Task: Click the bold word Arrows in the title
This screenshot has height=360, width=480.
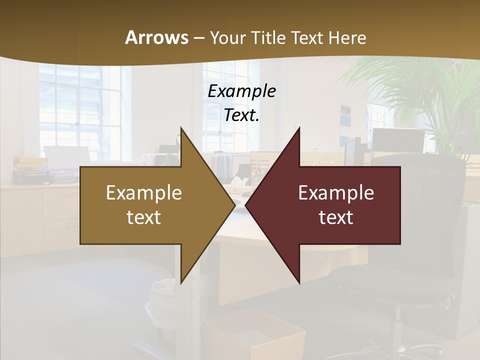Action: tap(157, 38)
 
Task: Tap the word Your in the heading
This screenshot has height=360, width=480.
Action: tap(228, 38)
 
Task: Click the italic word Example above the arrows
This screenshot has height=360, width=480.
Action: tap(241, 91)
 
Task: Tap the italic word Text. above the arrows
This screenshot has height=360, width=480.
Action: tap(241, 115)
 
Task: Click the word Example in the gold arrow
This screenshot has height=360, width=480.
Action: tap(144, 192)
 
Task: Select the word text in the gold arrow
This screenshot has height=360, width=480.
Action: tap(144, 217)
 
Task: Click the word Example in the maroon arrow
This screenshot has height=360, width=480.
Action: tap(336, 192)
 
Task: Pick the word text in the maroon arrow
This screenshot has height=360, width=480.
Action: tap(336, 217)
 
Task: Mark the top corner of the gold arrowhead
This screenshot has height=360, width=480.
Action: tap(181, 128)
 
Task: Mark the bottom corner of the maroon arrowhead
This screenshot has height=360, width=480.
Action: tap(299, 283)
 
